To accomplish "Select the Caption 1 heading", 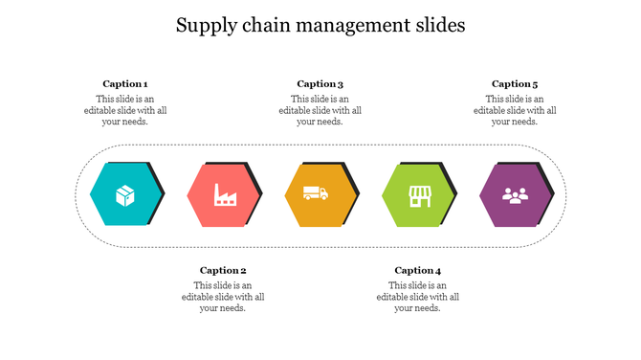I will (125, 84).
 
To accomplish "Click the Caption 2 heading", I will (223, 271).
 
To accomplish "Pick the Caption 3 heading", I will (320, 84).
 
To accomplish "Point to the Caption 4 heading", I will (418, 271).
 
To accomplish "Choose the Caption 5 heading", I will (515, 84).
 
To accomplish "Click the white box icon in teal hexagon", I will (124, 195).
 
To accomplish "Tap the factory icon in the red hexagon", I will (225, 194).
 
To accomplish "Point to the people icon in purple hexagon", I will (516, 195).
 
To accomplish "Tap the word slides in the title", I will (439, 26).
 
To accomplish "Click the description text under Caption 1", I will (125, 110).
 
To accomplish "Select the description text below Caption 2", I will (223, 297).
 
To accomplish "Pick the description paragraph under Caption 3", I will (320, 110).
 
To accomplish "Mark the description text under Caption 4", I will (418, 297).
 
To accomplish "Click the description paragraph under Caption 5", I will (515, 110).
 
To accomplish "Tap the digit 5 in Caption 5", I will (535, 84).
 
